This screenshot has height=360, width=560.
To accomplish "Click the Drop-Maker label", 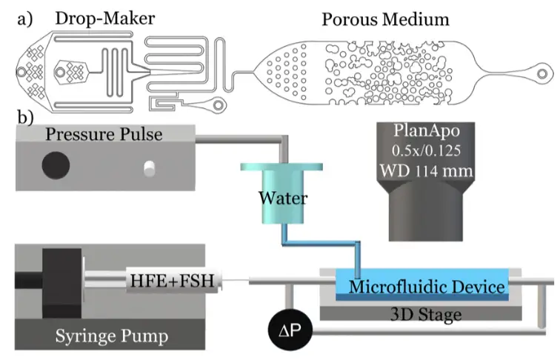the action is click(105, 19).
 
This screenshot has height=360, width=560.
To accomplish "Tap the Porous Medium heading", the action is click(385, 19).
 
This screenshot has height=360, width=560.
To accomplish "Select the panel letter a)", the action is click(25, 19).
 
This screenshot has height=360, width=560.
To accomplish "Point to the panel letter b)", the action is click(25, 116).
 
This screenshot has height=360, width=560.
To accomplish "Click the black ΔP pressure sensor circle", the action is click(290, 330).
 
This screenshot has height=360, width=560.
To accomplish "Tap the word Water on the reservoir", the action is click(283, 199).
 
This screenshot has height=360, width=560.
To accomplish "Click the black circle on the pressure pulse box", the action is click(56, 165).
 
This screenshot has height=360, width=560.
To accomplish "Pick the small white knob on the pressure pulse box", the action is click(150, 169).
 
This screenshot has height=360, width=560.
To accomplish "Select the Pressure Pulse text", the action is click(104, 134).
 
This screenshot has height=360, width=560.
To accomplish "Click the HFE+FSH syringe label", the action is click(172, 281).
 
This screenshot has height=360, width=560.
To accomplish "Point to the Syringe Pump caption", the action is click(111, 336).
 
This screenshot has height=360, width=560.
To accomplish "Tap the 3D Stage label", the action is click(426, 315).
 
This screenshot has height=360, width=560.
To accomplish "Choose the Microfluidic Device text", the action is click(427, 287).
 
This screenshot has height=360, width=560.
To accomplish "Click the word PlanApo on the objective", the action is click(427, 130).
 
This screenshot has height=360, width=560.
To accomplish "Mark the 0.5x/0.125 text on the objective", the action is click(426, 150).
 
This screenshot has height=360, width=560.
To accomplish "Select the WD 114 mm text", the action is click(426, 170).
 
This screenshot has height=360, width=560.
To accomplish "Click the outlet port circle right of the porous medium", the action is click(542, 74).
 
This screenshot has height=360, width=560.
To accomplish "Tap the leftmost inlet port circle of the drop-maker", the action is click(21, 72).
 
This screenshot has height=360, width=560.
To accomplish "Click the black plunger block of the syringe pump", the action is click(61, 283).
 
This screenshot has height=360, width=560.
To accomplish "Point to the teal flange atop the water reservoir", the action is click(281, 167).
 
